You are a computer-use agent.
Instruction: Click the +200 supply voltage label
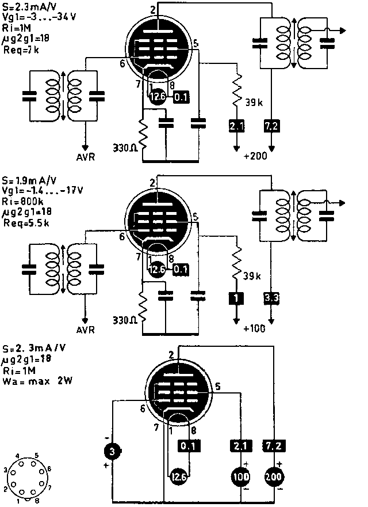(255, 157)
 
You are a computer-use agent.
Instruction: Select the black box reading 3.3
(271, 298)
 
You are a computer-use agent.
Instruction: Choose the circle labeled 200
(273, 476)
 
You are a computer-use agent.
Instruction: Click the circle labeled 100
(239, 476)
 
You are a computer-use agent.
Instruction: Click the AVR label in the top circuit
(87, 157)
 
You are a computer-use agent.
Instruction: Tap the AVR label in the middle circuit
(87, 331)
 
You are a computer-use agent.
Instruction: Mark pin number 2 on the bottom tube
(171, 354)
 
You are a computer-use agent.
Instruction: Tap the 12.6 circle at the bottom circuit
(178, 476)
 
